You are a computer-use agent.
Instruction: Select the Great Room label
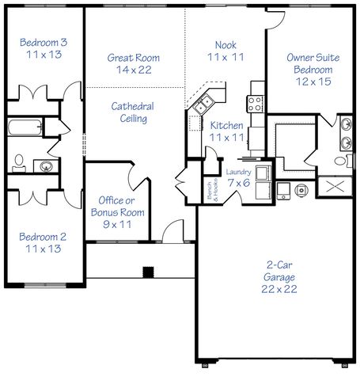133,64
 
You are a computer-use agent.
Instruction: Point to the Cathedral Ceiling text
131,112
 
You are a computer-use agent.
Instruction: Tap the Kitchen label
225,132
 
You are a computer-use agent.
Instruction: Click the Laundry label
238,177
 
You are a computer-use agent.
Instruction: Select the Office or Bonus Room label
117,212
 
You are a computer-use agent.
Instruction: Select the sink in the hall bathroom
48,165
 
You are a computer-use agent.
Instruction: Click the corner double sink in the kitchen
201,102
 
